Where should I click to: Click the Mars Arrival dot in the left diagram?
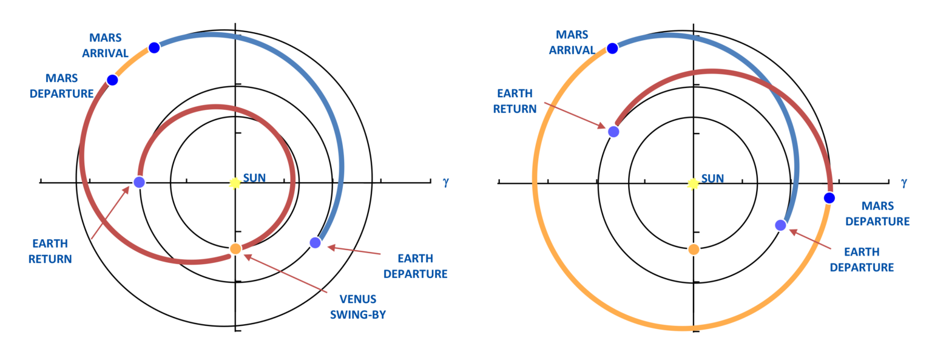(x=154, y=47)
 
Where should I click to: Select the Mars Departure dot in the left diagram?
(x=112, y=80)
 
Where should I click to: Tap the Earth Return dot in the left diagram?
(x=139, y=182)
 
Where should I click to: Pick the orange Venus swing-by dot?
(x=235, y=248)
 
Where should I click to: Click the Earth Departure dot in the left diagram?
(x=315, y=242)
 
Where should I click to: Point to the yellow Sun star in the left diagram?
(x=235, y=183)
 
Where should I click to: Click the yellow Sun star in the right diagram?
(x=693, y=184)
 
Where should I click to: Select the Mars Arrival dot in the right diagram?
(x=612, y=48)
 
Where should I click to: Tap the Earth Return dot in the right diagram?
(x=613, y=131)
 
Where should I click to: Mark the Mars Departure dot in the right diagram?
(x=829, y=198)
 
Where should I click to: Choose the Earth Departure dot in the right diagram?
(x=780, y=225)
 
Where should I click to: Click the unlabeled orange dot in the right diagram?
(x=694, y=249)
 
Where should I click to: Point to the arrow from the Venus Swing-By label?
(x=285, y=273)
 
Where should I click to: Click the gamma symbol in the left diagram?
(x=445, y=182)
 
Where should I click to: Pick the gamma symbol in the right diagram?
(x=904, y=182)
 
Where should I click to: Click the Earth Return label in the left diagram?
(x=52, y=251)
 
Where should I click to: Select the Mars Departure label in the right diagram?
(x=877, y=214)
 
